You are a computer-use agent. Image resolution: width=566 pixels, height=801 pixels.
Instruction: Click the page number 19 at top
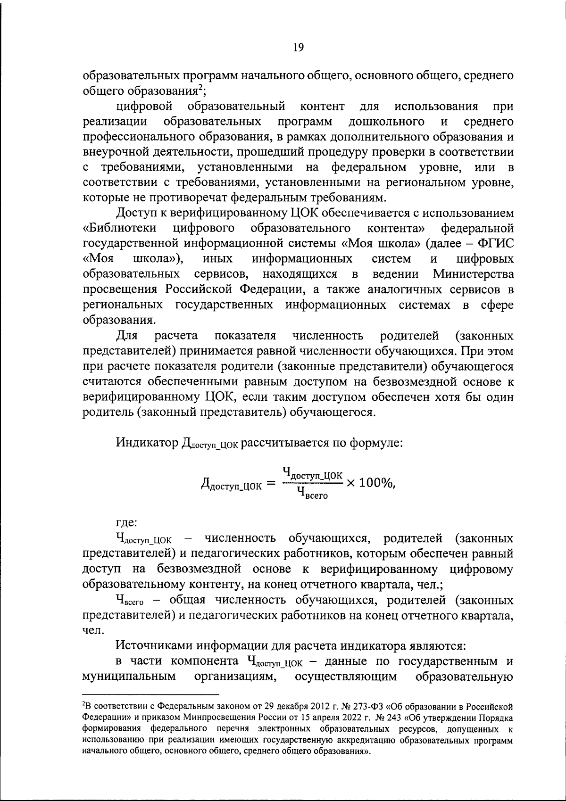298,46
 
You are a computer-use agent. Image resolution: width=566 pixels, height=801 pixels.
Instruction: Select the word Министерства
473,274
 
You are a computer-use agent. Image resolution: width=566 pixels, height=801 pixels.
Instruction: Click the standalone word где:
126,522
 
